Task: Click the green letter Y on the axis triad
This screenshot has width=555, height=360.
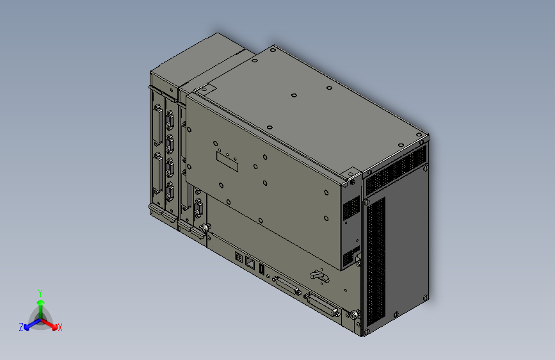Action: [40, 291]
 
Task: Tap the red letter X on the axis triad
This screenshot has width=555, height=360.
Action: [60, 328]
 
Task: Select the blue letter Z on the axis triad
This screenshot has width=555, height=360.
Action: [21, 327]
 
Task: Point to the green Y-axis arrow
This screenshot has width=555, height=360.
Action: [40, 304]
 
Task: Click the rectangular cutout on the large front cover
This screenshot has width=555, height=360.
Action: [228, 161]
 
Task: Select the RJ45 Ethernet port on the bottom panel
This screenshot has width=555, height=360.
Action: [250, 262]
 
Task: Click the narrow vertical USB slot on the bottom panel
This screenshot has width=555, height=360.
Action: [262, 269]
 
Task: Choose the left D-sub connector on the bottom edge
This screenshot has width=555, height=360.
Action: [287, 286]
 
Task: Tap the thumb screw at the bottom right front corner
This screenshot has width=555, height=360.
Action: [352, 316]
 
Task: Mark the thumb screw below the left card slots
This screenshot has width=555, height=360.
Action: [205, 228]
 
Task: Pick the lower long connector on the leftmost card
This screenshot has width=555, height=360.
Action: [157, 173]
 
